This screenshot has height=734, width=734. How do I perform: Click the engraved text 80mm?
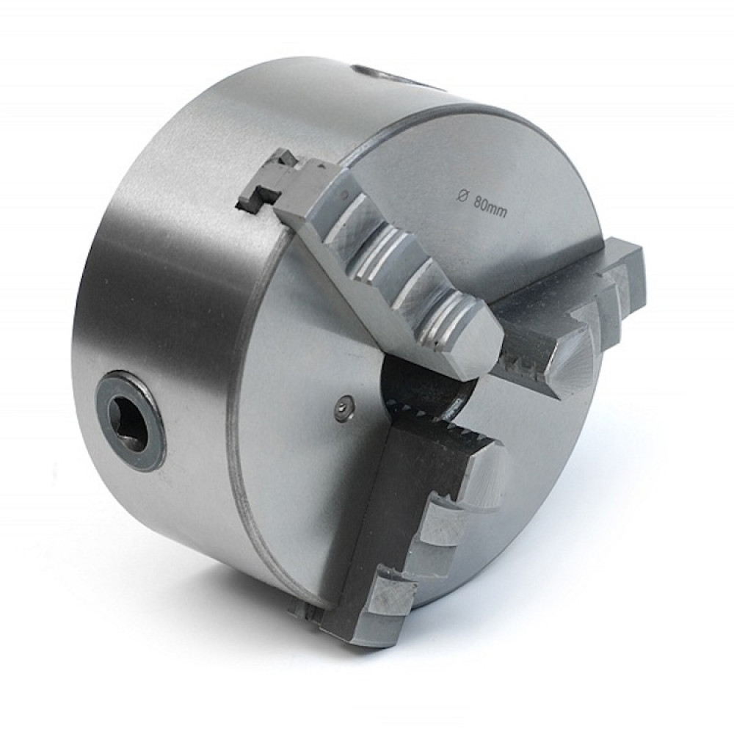[x=490, y=207]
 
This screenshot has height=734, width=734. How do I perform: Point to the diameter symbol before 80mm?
[x=461, y=196]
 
